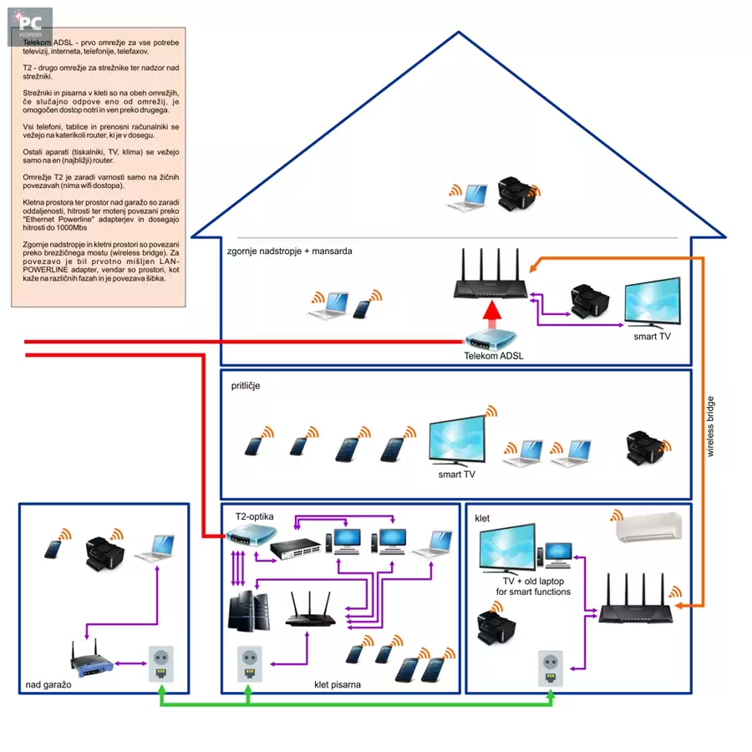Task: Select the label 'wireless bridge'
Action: (x=711, y=426)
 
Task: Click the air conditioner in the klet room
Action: (x=648, y=528)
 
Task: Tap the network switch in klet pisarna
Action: (x=295, y=548)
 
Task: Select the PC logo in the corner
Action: (x=31, y=25)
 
